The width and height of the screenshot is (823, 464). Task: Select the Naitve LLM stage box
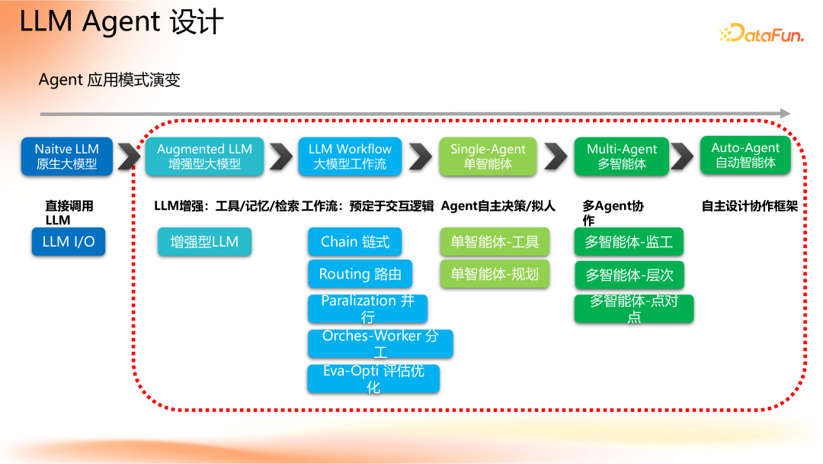coord(67,156)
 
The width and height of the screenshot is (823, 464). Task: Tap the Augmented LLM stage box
coord(204,156)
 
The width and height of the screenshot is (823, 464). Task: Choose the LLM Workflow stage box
coord(350,156)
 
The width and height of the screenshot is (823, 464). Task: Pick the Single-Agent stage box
coord(488,156)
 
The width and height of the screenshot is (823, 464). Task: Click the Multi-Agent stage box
coord(622,156)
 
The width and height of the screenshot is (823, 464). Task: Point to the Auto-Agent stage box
coord(745,155)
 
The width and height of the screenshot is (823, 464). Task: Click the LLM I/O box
coord(69,242)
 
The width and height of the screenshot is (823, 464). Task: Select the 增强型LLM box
coord(204,242)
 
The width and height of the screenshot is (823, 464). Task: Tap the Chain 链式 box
coord(355,242)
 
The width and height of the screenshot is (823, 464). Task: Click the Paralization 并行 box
coord(367,308)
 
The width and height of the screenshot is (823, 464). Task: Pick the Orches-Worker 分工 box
coord(380,343)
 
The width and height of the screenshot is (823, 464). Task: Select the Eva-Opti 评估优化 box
coord(373,379)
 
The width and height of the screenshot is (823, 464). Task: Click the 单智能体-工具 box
coord(494,242)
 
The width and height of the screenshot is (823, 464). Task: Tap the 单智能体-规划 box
coord(494,274)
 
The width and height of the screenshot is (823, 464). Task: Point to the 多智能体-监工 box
coord(629,242)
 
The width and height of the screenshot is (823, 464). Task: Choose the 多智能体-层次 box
coord(629,275)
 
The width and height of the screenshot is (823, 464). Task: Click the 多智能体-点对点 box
coord(634,308)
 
